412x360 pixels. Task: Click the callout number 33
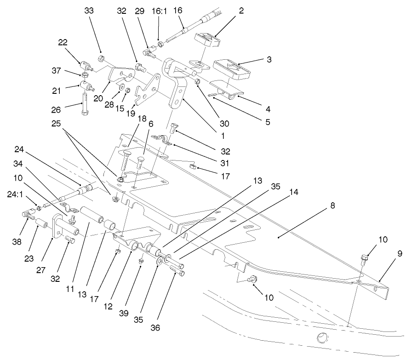(89, 11)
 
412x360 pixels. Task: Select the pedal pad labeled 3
(233, 68)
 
